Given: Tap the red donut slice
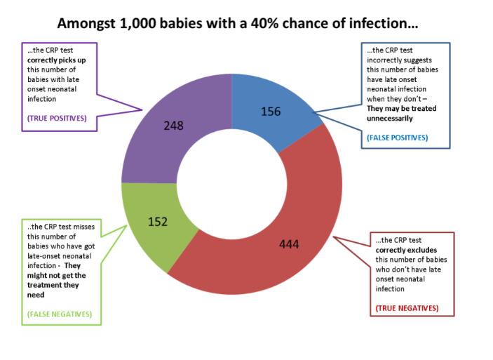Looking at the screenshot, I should click(295, 232).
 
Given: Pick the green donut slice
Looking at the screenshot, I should click(151, 218).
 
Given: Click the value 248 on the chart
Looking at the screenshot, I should click(173, 126).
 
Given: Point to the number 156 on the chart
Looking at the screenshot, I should click(271, 111).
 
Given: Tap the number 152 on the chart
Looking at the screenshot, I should click(158, 222).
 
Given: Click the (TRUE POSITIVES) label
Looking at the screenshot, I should click(57, 118).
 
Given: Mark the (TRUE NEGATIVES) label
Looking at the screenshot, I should click(407, 308).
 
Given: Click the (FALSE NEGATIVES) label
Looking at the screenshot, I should click(59, 314).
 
